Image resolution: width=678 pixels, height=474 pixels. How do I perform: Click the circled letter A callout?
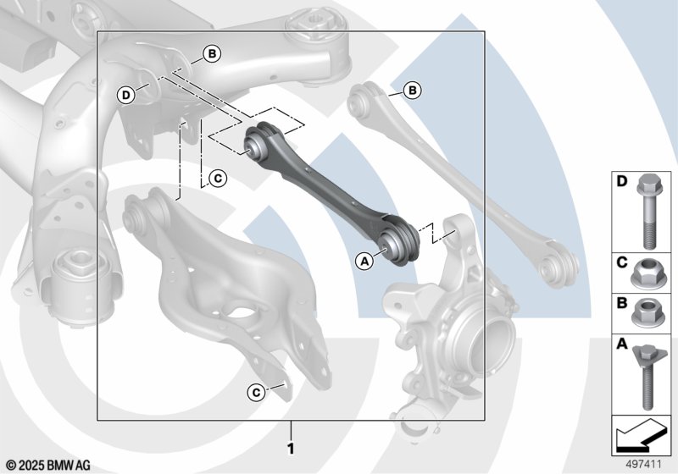click(365, 261)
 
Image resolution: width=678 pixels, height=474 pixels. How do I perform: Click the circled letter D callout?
click(125, 95)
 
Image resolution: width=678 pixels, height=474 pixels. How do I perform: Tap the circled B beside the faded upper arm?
click(413, 91)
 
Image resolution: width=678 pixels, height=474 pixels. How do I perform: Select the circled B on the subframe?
click(212, 54)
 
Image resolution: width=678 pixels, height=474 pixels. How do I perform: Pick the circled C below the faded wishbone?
click(256, 393)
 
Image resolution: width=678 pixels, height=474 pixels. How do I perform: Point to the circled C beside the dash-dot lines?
click(218, 179)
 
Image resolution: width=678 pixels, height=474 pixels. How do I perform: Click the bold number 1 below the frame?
click(291, 449)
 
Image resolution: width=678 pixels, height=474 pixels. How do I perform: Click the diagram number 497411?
click(644, 465)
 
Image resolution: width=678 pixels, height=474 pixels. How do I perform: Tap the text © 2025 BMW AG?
click(48, 466)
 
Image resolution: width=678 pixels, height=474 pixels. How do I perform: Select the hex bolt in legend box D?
click(647, 211)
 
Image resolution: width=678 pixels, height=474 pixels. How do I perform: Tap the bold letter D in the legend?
click(622, 181)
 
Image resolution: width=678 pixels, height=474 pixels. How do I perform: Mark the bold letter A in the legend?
click(622, 344)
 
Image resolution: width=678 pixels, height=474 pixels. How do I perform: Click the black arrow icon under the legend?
click(641, 434)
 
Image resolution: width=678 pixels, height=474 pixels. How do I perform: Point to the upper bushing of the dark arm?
click(258, 143)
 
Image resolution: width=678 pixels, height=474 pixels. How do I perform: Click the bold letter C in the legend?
click(622, 262)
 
